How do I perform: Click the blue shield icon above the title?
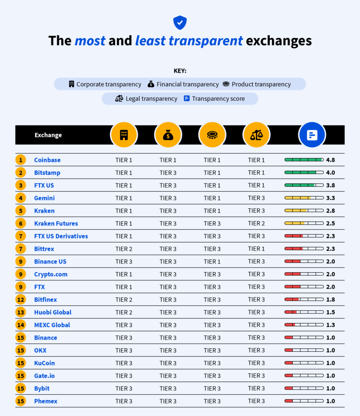pyautogui.click(x=180, y=22)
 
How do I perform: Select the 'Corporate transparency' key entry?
pyautogui.click(x=105, y=84)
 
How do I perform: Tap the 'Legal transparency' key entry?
pyautogui.click(x=147, y=98)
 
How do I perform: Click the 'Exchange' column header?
pyautogui.click(x=48, y=135)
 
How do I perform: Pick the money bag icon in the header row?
pyautogui.click(x=168, y=135)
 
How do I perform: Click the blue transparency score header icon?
pyautogui.click(x=312, y=135)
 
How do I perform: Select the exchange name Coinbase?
pyautogui.click(x=47, y=160)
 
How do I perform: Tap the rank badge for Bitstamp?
pyautogui.click(x=21, y=173)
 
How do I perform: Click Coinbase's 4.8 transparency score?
pyautogui.click(x=330, y=160)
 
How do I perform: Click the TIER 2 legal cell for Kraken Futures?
pyautogui.click(x=257, y=223)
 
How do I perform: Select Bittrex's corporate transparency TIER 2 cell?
pyautogui.click(x=124, y=249)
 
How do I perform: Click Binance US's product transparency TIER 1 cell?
pyautogui.click(x=212, y=262)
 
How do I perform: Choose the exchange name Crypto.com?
pyautogui.click(x=51, y=274)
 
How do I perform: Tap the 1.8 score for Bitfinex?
pyautogui.click(x=330, y=299)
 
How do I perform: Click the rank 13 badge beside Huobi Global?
pyautogui.click(x=21, y=312)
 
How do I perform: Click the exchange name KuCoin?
pyautogui.click(x=44, y=363)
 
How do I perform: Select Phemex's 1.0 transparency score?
pyautogui.click(x=330, y=401)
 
